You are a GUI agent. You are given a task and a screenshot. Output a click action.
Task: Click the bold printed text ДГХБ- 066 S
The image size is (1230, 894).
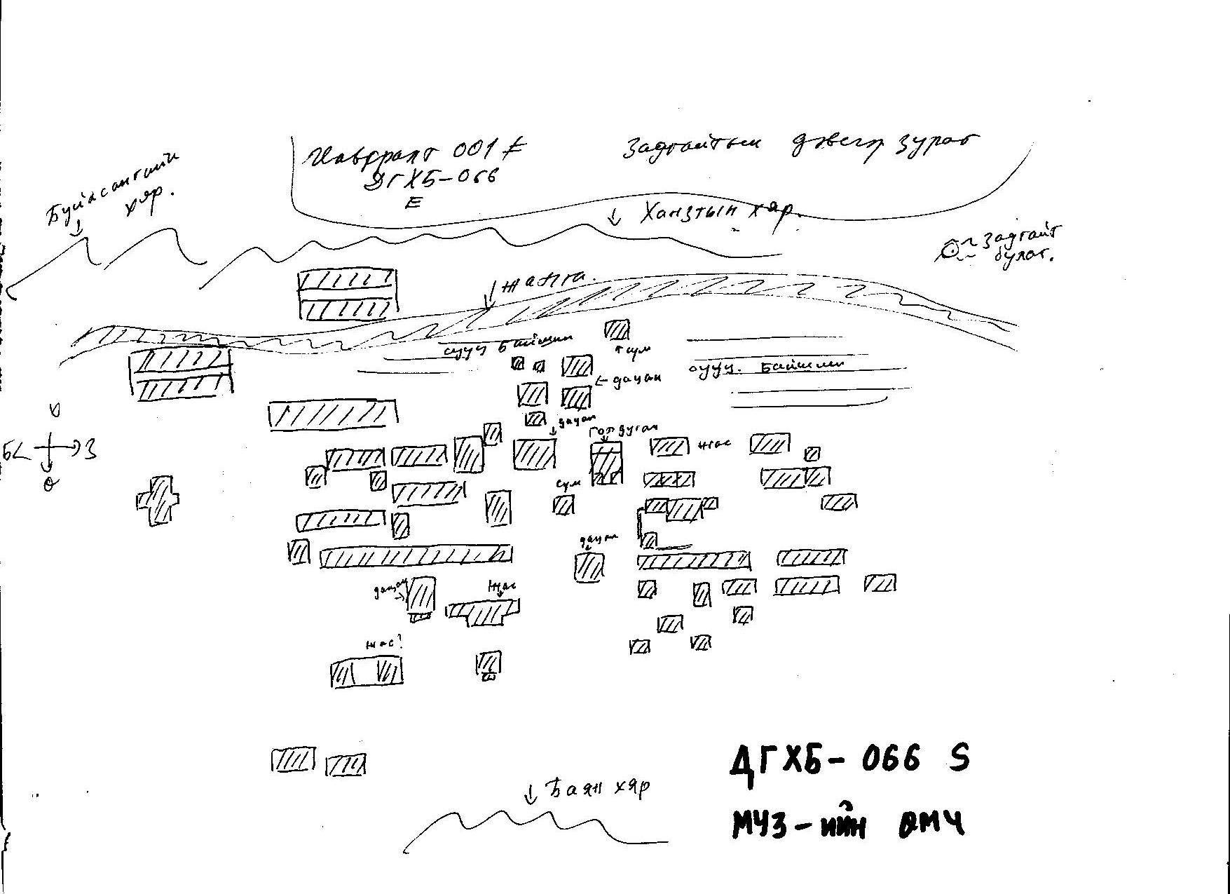point(849,759)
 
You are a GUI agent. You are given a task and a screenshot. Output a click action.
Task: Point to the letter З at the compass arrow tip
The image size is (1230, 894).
point(90,449)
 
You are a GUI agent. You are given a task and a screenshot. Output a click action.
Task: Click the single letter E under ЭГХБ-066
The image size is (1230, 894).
point(414,203)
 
